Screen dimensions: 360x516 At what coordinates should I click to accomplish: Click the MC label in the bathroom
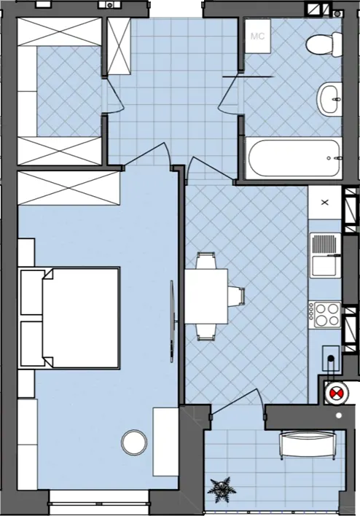pos(257,36)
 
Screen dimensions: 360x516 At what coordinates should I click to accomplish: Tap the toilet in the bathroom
pos(324,44)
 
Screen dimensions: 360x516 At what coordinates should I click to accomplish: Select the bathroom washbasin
pos(329,98)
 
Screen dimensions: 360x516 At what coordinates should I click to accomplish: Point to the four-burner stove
pos(325,316)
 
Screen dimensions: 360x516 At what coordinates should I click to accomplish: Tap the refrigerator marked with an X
pos(325,203)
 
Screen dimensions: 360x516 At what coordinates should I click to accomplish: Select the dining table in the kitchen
pos(206,296)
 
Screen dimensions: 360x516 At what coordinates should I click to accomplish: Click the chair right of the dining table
pos(237,296)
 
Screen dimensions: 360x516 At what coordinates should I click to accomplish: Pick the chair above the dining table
pos(206,260)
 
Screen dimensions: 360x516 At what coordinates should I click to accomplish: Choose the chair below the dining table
pos(206,332)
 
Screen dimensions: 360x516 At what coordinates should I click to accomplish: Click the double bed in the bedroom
pos(69,318)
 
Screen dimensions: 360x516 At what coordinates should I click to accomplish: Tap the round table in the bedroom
pos(134,442)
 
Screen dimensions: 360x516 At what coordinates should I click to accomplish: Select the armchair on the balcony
pos(308,445)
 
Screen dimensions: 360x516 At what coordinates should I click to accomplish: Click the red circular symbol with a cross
pos(336,393)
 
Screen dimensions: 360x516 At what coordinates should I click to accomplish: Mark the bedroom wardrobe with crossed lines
pos(69,188)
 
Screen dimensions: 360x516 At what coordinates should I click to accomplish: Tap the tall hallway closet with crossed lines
pos(119,47)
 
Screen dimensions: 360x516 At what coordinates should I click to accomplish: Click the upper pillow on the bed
pos(32,292)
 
